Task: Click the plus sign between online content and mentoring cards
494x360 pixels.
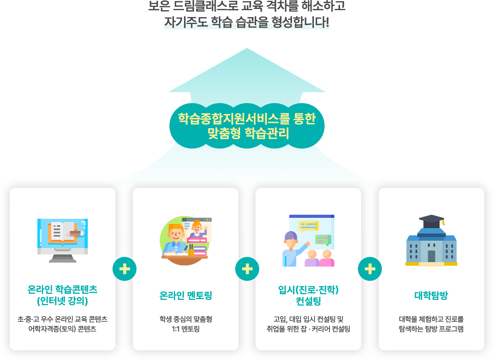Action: click(x=125, y=269)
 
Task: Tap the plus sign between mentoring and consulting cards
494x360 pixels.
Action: click(x=247, y=269)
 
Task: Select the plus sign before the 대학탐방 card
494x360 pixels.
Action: click(x=370, y=269)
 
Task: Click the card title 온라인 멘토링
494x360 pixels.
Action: click(x=186, y=295)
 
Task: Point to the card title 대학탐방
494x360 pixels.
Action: click(x=431, y=295)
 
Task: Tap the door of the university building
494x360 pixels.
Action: click(x=431, y=256)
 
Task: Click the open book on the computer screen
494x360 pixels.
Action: click(x=63, y=233)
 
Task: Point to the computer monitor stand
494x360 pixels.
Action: click(x=63, y=258)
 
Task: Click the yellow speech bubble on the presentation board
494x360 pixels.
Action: click(x=308, y=226)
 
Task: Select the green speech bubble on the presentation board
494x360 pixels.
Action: click(x=323, y=240)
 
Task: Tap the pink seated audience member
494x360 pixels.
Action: click(x=327, y=258)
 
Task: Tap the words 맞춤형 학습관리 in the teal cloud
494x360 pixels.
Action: click(x=248, y=133)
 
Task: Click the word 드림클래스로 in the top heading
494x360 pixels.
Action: click(x=206, y=6)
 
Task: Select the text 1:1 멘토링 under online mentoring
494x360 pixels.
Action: click(x=186, y=329)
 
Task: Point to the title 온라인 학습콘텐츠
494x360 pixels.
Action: click(x=63, y=289)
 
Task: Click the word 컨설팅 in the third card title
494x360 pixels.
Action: click(x=308, y=301)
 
